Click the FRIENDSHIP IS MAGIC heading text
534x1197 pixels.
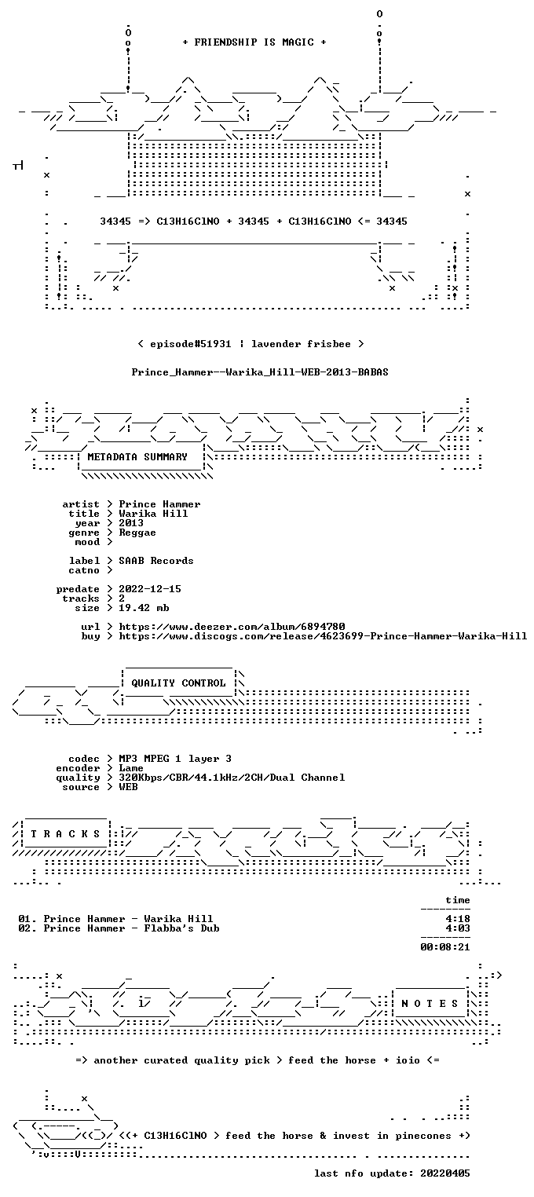(254, 42)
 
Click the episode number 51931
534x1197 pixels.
(215, 343)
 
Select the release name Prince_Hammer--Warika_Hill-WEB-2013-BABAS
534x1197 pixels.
(260, 372)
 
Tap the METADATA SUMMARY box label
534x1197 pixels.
(137, 457)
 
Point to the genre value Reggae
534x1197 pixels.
(137, 533)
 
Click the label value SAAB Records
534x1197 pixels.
(156, 561)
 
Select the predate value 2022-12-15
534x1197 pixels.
(150, 589)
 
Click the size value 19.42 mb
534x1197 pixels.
(144, 608)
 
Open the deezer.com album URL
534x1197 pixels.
(232, 626)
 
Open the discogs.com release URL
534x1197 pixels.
(323, 636)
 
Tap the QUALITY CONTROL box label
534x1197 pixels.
(178, 683)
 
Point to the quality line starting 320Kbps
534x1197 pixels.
(232, 778)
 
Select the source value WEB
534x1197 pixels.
(128, 786)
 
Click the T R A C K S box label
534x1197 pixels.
(65, 834)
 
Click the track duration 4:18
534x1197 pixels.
(458, 919)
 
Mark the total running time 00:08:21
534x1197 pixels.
(445, 947)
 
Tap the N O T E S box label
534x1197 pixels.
(430, 1004)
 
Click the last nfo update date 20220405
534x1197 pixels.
(445, 1173)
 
